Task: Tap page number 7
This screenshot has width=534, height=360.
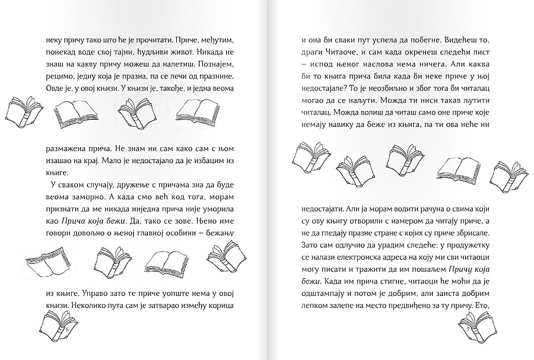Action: point(469,329)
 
